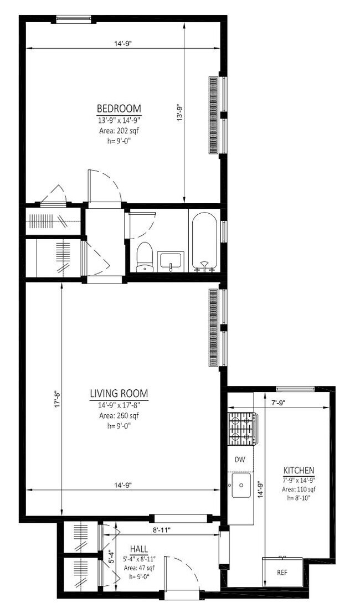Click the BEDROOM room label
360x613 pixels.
point(119,108)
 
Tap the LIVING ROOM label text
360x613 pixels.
point(119,394)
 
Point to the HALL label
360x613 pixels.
point(139,548)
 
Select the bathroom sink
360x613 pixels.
point(171,261)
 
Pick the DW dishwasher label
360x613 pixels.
point(240,459)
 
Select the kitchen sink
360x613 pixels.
point(241,485)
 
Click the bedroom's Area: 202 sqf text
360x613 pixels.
point(119,131)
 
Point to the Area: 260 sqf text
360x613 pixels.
point(119,415)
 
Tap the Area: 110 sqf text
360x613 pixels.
point(299,489)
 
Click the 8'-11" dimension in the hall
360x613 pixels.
point(161,529)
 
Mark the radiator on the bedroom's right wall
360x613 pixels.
point(213,115)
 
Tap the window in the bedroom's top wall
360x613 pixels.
point(74,20)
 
